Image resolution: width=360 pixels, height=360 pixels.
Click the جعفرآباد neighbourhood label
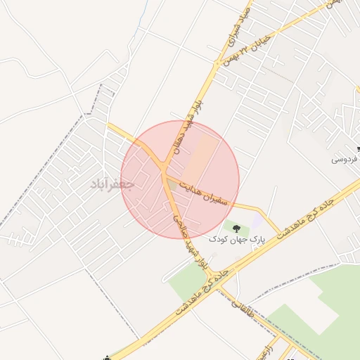click(112, 184)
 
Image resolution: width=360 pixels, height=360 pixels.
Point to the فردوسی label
click(345, 160)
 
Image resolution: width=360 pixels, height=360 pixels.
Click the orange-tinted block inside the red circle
click(202, 155)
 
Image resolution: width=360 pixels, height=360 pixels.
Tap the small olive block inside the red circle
click(176, 184)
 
